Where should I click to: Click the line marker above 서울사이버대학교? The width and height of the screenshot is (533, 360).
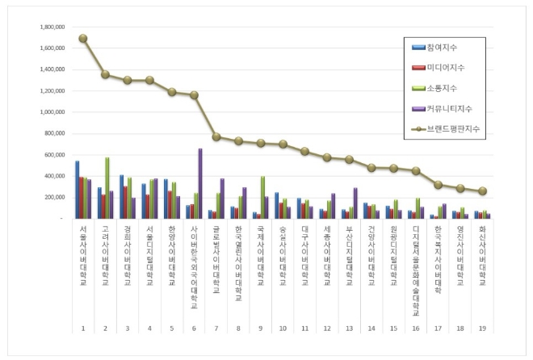click(x=83, y=38)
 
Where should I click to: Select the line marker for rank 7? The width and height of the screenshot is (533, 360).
click(x=216, y=136)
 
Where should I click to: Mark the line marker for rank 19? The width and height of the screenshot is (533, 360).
click(x=482, y=191)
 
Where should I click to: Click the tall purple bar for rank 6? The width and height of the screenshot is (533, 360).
click(x=199, y=183)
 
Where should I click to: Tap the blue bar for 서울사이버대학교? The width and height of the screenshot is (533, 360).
click(x=78, y=190)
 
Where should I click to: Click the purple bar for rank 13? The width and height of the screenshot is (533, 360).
click(x=355, y=203)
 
